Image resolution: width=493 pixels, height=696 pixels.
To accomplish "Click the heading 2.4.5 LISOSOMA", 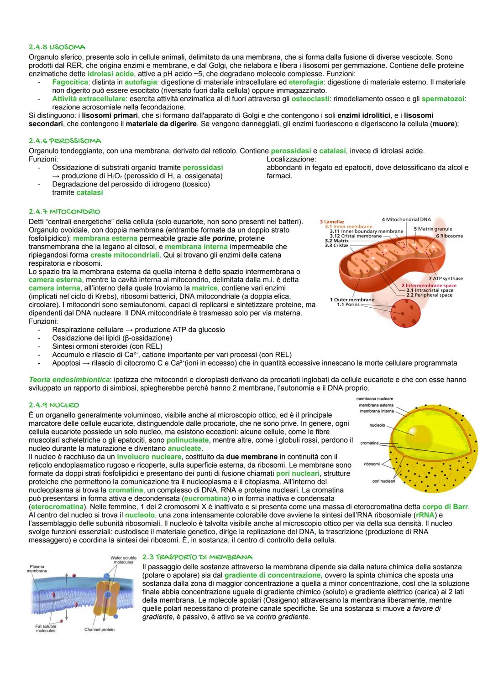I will (x=57, y=47).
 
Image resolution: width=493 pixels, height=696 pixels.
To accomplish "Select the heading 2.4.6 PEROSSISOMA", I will (x=65, y=140).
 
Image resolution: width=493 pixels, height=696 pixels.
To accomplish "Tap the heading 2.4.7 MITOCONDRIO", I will (x=64, y=211).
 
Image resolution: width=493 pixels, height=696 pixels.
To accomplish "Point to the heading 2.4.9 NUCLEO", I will (x=53, y=405).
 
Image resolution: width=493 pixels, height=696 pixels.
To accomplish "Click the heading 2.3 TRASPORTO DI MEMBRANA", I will (x=197, y=557).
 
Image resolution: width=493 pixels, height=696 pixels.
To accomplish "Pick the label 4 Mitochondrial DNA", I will (x=406, y=219).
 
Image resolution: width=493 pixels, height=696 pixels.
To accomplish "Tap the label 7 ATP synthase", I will (x=446, y=278).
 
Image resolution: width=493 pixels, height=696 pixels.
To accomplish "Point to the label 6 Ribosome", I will (x=449, y=236).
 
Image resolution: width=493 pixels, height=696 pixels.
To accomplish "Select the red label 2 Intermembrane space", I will (x=428, y=285).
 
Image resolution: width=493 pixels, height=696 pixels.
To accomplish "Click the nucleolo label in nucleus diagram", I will (x=377, y=425).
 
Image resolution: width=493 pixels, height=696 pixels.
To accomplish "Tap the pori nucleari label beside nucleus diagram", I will (x=383, y=481).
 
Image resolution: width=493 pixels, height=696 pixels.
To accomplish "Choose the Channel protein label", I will (x=100, y=629).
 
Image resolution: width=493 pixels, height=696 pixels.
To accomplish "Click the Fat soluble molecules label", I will (x=46, y=629).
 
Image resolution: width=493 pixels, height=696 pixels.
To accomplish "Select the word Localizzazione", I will (x=291, y=159).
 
